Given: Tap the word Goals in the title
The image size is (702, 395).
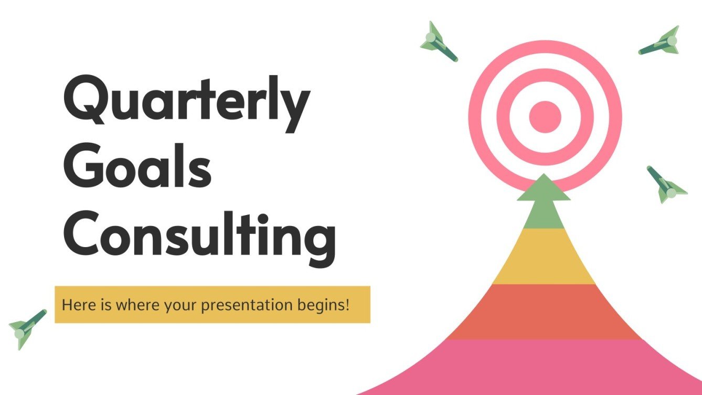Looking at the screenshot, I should click(137, 167).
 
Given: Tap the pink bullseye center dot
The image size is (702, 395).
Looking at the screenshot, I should click(545, 116).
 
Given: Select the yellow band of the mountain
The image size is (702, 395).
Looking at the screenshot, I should click(544, 257).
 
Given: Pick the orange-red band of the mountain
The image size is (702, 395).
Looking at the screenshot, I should click(544, 311).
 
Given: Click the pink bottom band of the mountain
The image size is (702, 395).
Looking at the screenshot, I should click(544, 367).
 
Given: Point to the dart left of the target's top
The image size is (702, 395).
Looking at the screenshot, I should click(439, 41).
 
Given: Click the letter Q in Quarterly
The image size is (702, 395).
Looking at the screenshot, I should click(86, 102).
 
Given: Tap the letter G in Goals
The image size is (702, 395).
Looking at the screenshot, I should click(84, 167).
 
